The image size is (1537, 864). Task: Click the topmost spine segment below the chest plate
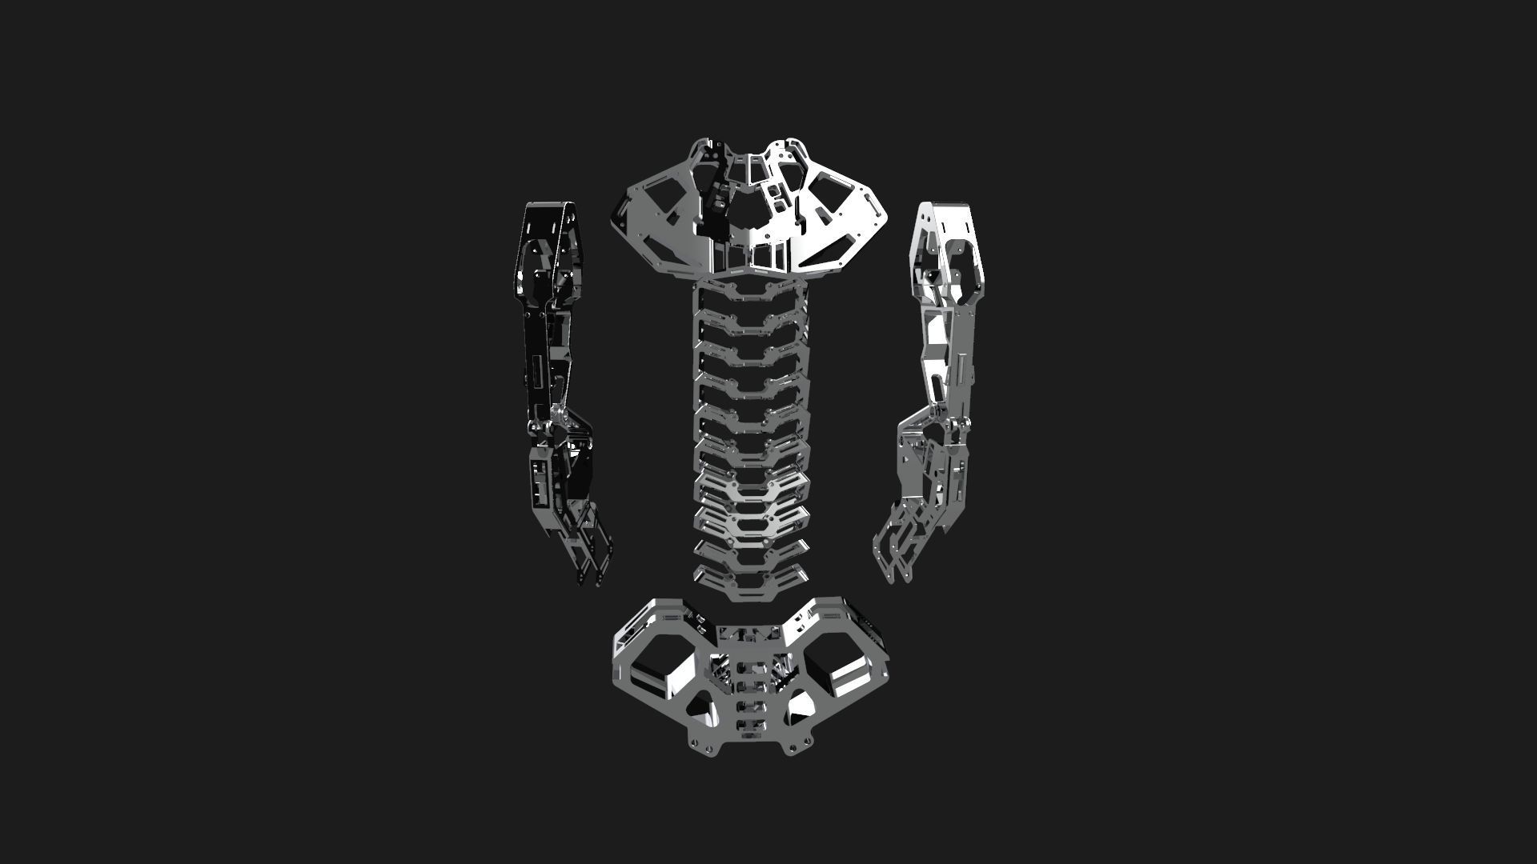[x=750, y=291]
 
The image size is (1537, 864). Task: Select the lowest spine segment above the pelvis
[x=750, y=584]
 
